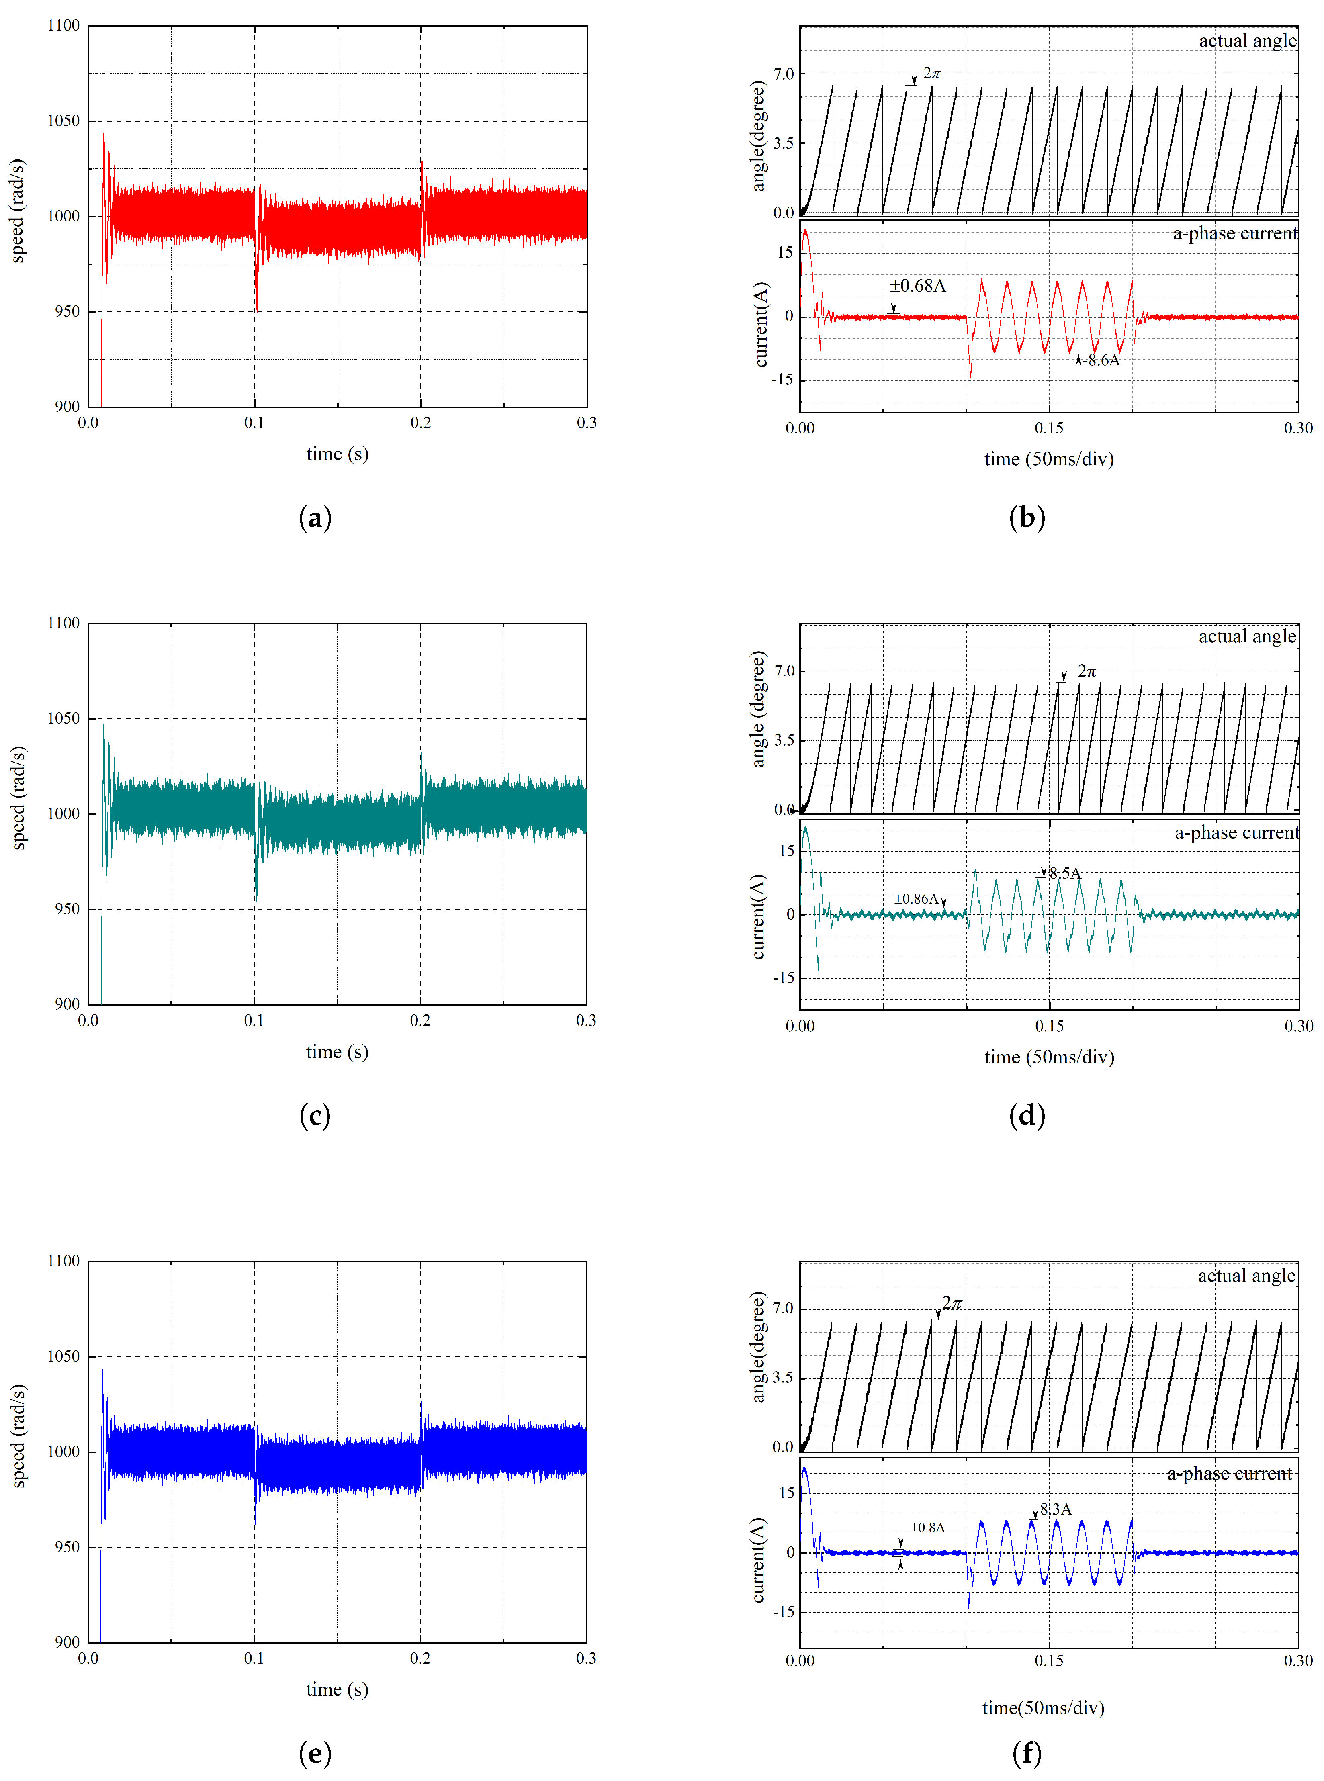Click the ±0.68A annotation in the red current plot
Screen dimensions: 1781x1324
click(x=918, y=286)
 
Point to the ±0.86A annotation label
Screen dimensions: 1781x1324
click(x=916, y=899)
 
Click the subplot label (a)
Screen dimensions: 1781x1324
click(x=315, y=518)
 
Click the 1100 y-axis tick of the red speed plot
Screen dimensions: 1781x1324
click(x=64, y=26)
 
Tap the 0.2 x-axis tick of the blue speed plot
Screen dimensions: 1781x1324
click(x=420, y=1658)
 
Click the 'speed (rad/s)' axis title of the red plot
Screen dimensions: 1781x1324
click(x=18, y=211)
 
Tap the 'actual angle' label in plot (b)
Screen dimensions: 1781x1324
click(x=1247, y=41)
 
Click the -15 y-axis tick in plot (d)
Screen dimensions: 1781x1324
click(x=783, y=978)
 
